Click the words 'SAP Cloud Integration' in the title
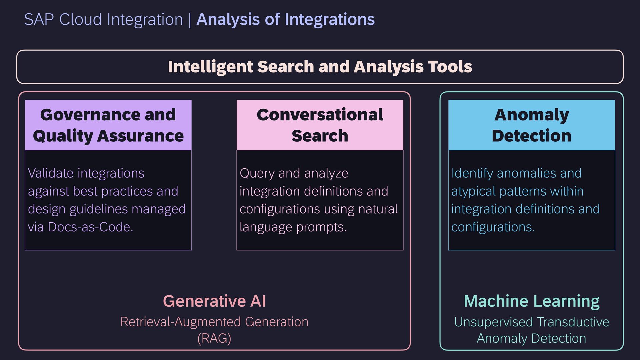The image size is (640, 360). pos(103,19)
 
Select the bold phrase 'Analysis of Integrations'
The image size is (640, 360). pos(285,19)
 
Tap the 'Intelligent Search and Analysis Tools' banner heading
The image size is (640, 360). pos(320,67)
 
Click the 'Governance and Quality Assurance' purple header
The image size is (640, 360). pos(108,125)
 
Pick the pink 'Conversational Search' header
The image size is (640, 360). pos(320,125)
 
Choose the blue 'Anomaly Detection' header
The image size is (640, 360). pos(532,125)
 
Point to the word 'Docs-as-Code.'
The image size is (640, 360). pos(90,227)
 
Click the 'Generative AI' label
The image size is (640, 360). pos(214,301)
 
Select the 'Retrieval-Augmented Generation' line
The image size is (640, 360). pos(214,322)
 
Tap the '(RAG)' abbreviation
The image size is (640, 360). pos(214,338)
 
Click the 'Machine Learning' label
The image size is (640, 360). pos(532,301)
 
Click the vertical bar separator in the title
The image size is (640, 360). pos(190,19)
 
